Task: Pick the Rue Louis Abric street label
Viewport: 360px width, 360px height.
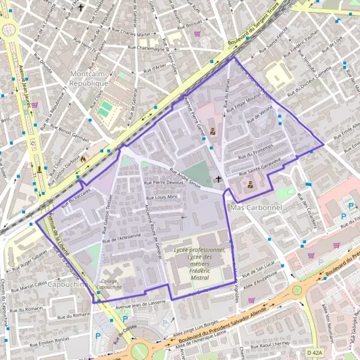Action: tap(163, 196)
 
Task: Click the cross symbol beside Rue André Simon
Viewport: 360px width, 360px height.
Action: tap(218, 179)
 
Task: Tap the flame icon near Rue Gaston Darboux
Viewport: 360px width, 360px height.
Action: tap(83, 160)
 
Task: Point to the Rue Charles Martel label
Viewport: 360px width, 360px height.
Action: tap(130, 32)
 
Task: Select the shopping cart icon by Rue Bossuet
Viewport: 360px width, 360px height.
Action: tap(196, 34)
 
